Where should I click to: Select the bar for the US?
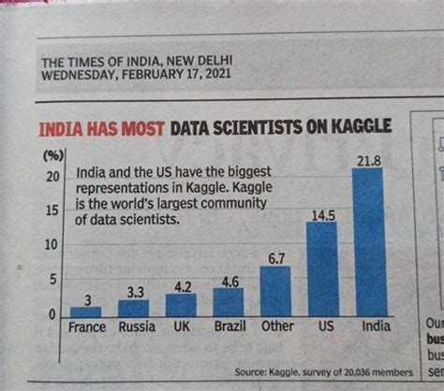[323, 271]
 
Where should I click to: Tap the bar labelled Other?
[275, 294]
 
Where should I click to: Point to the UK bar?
[181, 306]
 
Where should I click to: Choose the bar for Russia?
[133, 309]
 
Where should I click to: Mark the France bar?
[86, 311]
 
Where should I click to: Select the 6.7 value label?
[274, 258]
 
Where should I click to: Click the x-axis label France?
[87, 327]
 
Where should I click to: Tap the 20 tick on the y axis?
[53, 176]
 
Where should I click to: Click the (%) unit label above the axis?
[52, 154]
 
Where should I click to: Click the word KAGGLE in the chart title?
[358, 126]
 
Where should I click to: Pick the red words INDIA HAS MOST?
[102, 127]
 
